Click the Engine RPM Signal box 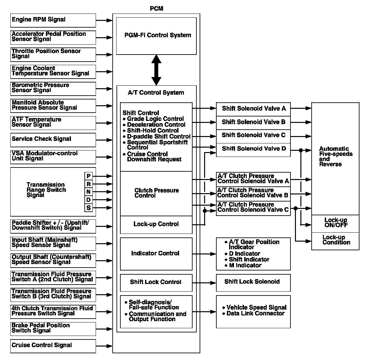click(53, 20)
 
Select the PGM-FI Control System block click(156, 36)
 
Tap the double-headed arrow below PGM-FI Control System click(156, 70)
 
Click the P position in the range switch click(89, 176)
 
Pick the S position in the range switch click(89, 208)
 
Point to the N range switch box click(89, 192)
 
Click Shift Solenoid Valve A click(253, 109)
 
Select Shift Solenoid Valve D click(253, 149)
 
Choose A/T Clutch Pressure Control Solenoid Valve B click(253, 193)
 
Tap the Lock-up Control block click(156, 224)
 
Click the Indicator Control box click(156, 253)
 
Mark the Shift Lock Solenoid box click(253, 282)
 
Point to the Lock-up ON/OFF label click(335, 223)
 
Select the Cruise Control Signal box click(53, 346)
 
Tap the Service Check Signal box click(53, 140)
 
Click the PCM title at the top click(156, 9)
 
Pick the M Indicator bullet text click(245, 265)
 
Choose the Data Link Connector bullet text click(255, 313)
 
